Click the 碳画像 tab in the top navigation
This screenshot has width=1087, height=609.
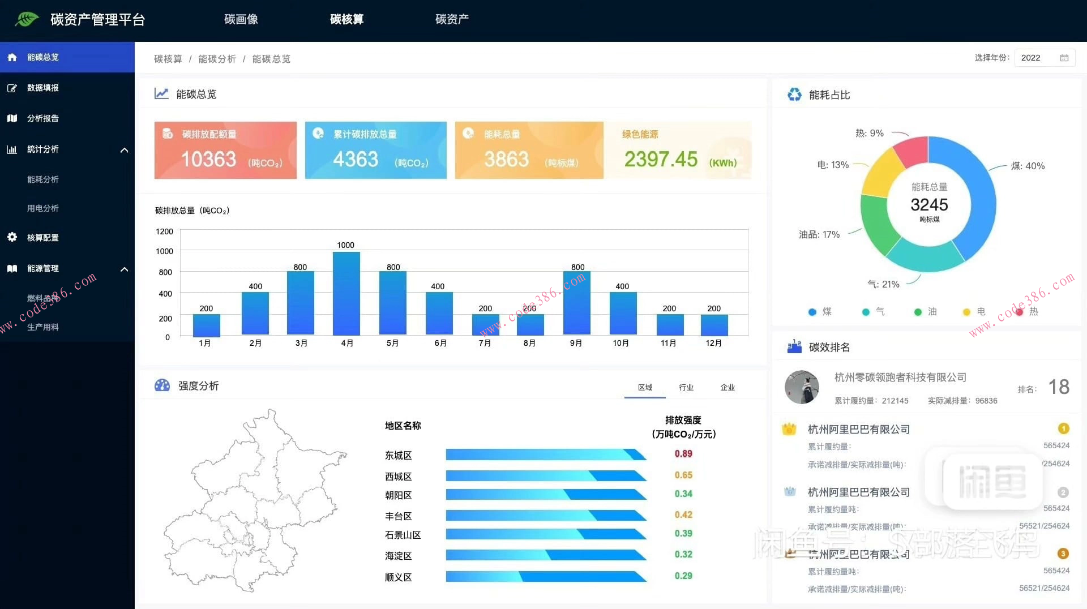pyautogui.click(x=241, y=19)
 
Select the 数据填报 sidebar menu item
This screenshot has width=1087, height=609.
pyautogui.click(x=43, y=88)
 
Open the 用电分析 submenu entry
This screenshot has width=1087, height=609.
pyautogui.click(x=43, y=208)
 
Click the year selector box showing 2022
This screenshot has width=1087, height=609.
pyautogui.click(x=1044, y=58)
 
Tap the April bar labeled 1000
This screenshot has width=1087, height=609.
pyautogui.click(x=346, y=293)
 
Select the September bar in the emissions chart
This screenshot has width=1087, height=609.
pyautogui.click(x=576, y=303)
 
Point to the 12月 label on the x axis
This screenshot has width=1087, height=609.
pyautogui.click(x=713, y=343)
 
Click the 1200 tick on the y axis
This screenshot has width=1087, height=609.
pyautogui.click(x=164, y=231)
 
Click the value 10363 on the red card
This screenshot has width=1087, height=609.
pyautogui.click(x=208, y=159)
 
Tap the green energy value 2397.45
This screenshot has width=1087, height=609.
pyautogui.click(x=661, y=160)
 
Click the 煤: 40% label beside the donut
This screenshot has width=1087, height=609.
pyautogui.click(x=1028, y=166)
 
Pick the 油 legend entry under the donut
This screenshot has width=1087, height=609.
pyautogui.click(x=926, y=311)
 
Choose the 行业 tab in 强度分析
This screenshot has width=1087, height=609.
pyautogui.click(x=686, y=387)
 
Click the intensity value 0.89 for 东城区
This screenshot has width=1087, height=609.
pyautogui.click(x=683, y=454)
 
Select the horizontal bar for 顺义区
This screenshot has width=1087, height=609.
pyautogui.click(x=546, y=576)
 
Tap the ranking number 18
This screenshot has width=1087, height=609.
pyautogui.click(x=1059, y=387)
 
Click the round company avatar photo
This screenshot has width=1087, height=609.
pyautogui.click(x=802, y=387)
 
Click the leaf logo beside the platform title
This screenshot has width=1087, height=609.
pyautogui.click(x=27, y=19)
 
